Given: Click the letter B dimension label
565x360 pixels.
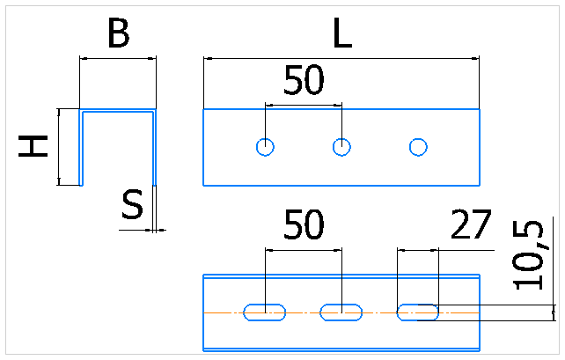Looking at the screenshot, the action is coord(119,33).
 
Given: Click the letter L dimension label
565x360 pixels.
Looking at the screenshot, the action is coord(342,33).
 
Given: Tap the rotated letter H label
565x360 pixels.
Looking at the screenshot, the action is coord(33,146).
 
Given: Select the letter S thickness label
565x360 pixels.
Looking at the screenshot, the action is coord(132,205).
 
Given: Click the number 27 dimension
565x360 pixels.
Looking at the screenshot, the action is coord(472,224).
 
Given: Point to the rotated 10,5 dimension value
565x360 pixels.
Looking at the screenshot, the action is coord(528,255).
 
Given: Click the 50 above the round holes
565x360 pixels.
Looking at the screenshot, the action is coord(304,80).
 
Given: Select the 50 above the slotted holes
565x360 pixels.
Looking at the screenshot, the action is coord(304,224).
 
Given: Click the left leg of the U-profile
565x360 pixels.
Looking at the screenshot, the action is coord(81,148).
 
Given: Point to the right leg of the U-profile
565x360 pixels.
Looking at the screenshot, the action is coord(155,148).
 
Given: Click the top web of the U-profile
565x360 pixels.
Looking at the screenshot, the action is coord(118,110).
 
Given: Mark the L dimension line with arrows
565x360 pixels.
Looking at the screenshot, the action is coord(341,58).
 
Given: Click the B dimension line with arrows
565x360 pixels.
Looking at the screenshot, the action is coord(118,58).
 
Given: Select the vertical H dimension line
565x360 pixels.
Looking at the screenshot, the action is coord(59,147).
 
